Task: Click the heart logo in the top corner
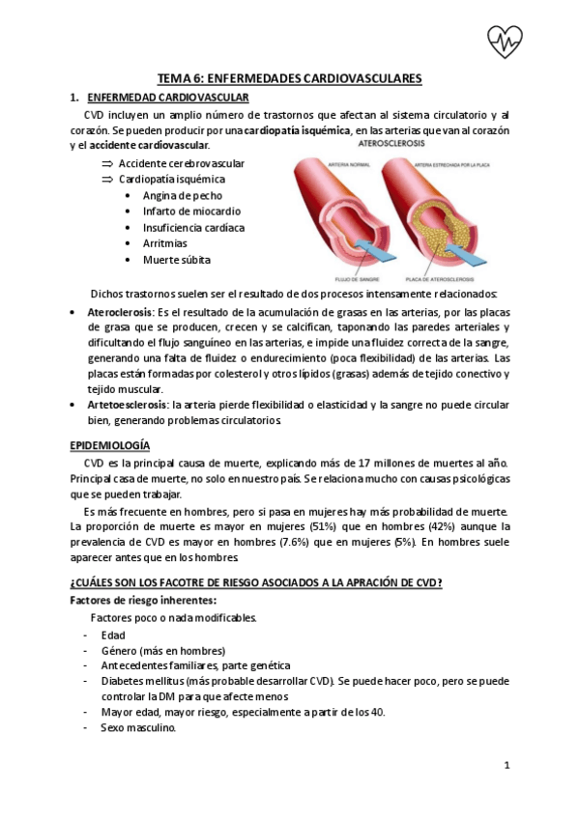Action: pos(505,41)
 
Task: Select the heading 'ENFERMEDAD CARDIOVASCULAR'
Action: pos(168,98)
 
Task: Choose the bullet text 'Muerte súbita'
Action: pos(176,260)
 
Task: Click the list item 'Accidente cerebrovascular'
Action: pos(182,162)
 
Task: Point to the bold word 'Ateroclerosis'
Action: pos(120,314)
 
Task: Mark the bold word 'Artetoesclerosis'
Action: pos(127,405)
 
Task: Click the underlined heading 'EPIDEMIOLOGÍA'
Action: pos(109,446)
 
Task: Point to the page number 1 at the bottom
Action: pos(507,766)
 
